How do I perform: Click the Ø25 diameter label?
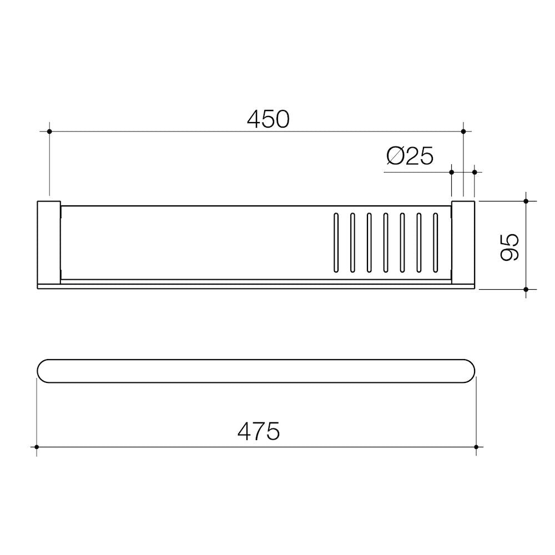[x=410, y=157]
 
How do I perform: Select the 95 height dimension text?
[x=509, y=246]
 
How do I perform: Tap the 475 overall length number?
[x=259, y=431]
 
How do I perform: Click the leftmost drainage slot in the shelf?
[x=336, y=243]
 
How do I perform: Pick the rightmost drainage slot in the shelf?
[x=436, y=243]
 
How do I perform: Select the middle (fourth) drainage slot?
[x=386, y=243]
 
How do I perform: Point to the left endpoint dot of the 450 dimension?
[x=49, y=132]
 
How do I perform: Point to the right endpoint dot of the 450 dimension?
[x=463, y=132]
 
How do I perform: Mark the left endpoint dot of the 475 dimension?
[x=37, y=447]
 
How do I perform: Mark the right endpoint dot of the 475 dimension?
[x=476, y=447]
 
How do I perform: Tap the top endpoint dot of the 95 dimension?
[x=526, y=200]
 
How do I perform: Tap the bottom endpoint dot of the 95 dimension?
[x=526, y=289]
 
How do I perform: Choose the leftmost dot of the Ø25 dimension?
[x=452, y=172]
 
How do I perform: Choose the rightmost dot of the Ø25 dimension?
[x=475, y=172]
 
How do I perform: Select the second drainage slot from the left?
[x=352, y=243]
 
